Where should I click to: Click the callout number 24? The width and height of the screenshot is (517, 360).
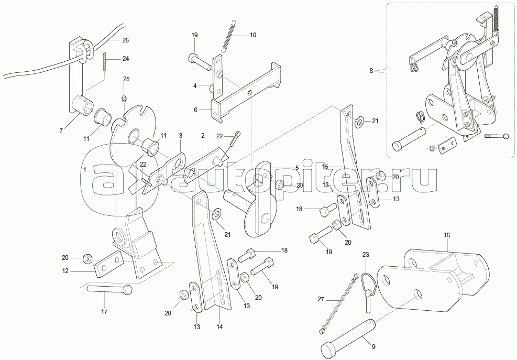[125, 59]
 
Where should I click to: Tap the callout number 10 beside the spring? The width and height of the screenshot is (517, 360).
[253, 35]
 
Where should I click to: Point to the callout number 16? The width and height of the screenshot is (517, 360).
[447, 236]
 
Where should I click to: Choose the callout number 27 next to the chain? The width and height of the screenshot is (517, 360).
[321, 299]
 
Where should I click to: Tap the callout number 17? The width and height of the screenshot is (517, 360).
[104, 312]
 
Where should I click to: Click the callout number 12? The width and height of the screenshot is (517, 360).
[65, 272]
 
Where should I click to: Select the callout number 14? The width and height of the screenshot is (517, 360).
[219, 327]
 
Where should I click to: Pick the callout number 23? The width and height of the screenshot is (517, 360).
[366, 255]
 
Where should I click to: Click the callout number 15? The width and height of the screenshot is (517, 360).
[325, 166]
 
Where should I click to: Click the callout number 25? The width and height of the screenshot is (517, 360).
[126, 79]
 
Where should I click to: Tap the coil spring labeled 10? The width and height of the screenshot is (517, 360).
[229, 36]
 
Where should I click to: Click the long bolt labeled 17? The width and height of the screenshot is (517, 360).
[109, 289]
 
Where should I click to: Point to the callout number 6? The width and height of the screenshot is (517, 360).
[196, 110]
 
